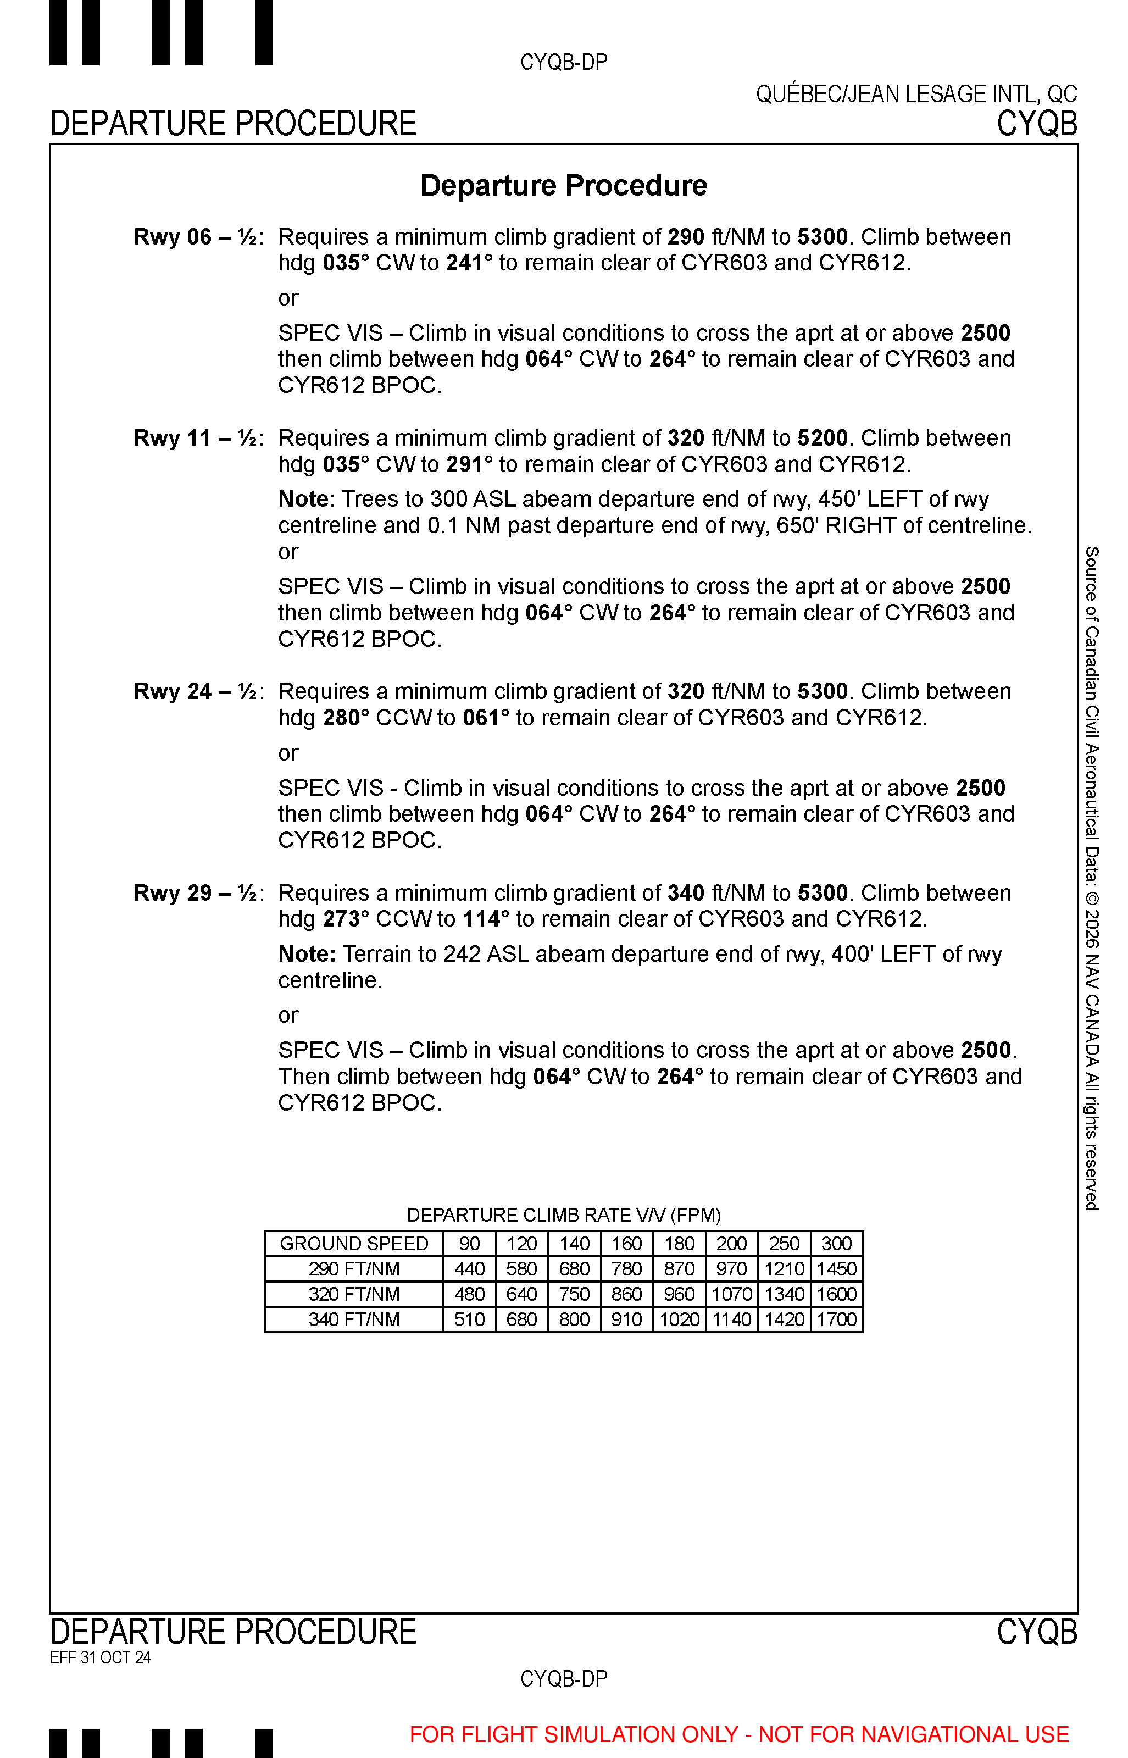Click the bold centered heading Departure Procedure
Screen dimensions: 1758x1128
(563, 185)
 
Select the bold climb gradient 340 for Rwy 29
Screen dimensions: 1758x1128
(686, 893)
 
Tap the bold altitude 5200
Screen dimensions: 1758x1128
(822, 438)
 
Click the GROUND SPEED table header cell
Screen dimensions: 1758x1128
(354, 1244)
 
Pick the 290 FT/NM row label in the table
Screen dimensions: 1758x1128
(354, 1269)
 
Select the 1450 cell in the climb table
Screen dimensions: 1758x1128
(836, 1269)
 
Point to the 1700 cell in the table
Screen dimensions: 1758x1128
(836, 1320)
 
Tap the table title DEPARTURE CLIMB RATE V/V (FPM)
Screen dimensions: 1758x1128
(563, 1215)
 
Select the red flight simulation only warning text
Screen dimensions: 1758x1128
(739, 1734)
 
